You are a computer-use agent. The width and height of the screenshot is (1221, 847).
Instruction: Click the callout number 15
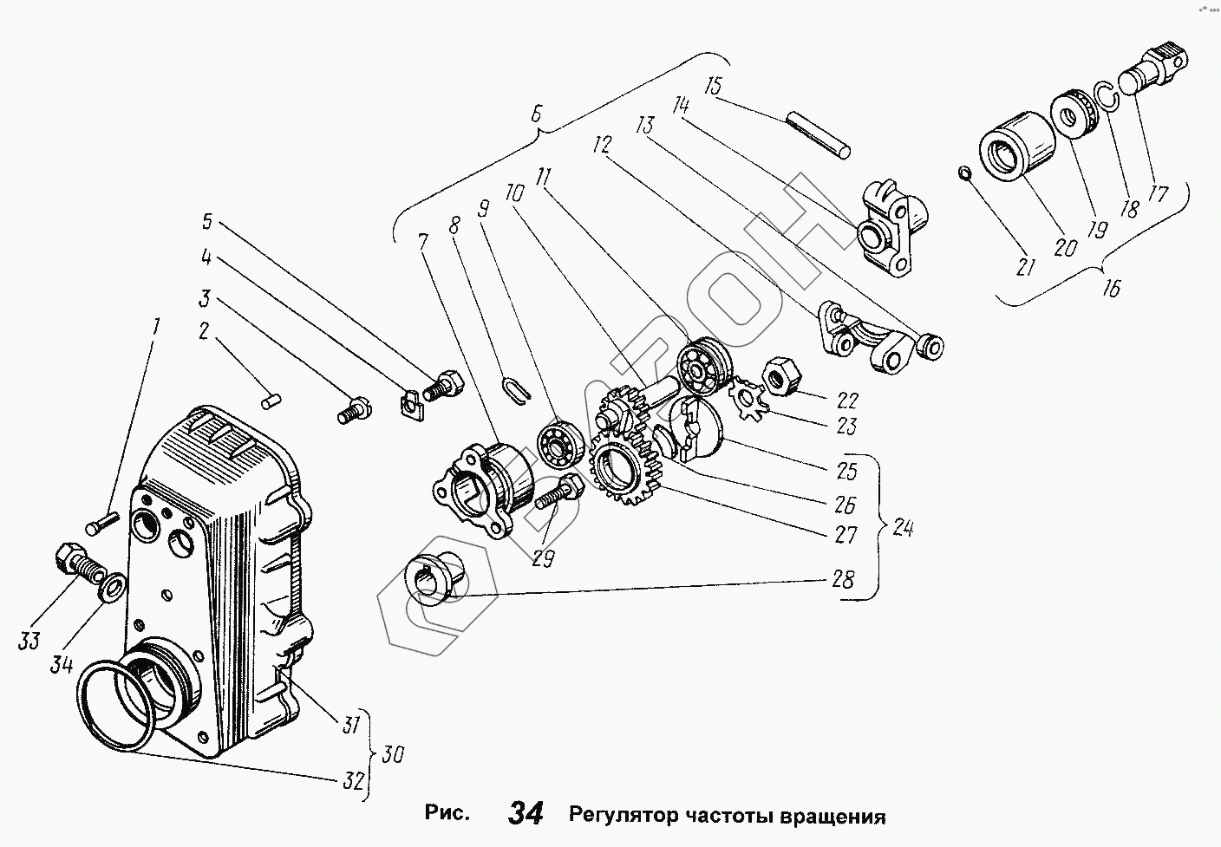[714, 87]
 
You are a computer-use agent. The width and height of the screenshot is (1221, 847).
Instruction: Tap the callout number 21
[1026, 267]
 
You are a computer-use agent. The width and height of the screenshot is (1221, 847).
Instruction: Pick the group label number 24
[903, 527]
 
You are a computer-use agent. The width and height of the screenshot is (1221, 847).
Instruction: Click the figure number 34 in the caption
[526, 814]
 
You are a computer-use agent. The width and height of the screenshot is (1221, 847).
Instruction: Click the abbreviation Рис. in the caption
[447, 814]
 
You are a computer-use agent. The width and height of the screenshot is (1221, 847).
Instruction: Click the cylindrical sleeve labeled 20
[1015, 145]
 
